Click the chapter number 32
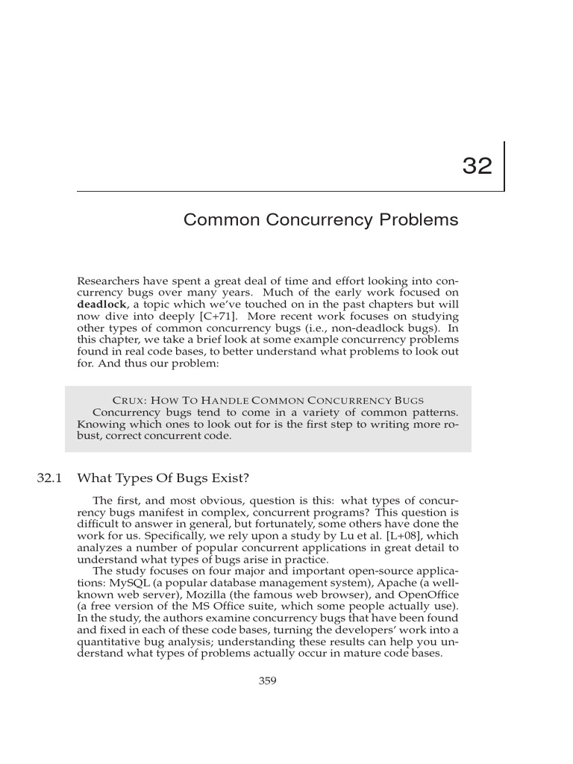point(477,166)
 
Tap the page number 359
point(267,680)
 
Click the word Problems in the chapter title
point(421,220)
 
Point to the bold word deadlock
point(102,304)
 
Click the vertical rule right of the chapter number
point(504,166)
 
